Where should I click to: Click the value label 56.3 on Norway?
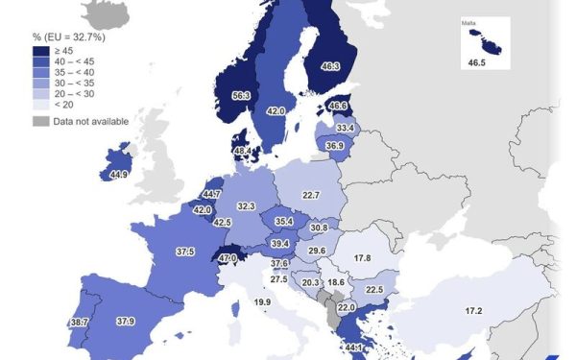tap(241, 95)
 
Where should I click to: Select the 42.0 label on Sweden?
tap(276, 111)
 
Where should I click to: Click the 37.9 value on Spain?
tap(125, 322)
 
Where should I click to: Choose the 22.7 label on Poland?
tap(310, 196)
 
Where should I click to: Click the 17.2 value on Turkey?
tap(474, 311)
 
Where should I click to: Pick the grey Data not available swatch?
tap(40, 121)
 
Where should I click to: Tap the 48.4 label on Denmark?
tap(241, 151)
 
